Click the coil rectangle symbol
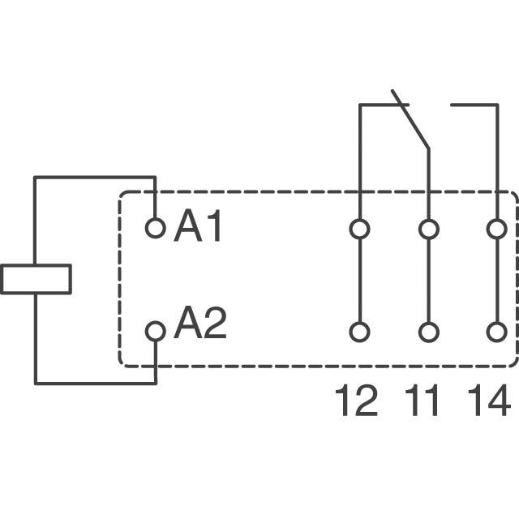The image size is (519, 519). pyautogui.click(x=36, y=279)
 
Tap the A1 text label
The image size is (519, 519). pyautogui.click(x=198, y=229)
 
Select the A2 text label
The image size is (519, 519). pyautogui.click(x=199, y=326)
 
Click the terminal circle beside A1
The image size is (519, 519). pyautogui.click(x=155, y=229)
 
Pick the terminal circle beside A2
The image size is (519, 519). pyautogui.click(x=155, y=331)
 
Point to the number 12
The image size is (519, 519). pyautogui.click(x=357, y=401)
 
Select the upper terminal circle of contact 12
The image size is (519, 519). pyautogui.click(x=359, y=229)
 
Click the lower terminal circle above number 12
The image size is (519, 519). pyautogui.click(x=359, y=332)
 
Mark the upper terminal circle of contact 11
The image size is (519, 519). pyautogui.click(x=428, y=229)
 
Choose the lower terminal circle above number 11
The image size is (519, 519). pyautogui.click(x=428, y=332)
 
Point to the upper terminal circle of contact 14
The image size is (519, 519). pyautogui.click(x=496, y=229)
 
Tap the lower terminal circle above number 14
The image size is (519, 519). pyautogui.click(x=496, y=332)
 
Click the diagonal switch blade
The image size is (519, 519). pyautogui.click(x=410, y=120)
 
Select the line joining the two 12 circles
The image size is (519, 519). pyautogui.click(x=359, y=281)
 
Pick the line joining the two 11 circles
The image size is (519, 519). pyautogui.click(x=428, y=281)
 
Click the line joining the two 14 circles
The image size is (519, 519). pyautogui.click(x=496, y=281)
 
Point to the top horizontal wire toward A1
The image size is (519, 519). pyautogui.click(x=94, y=178)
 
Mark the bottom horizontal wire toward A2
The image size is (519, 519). pyautogui.click(x=94, y=383)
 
